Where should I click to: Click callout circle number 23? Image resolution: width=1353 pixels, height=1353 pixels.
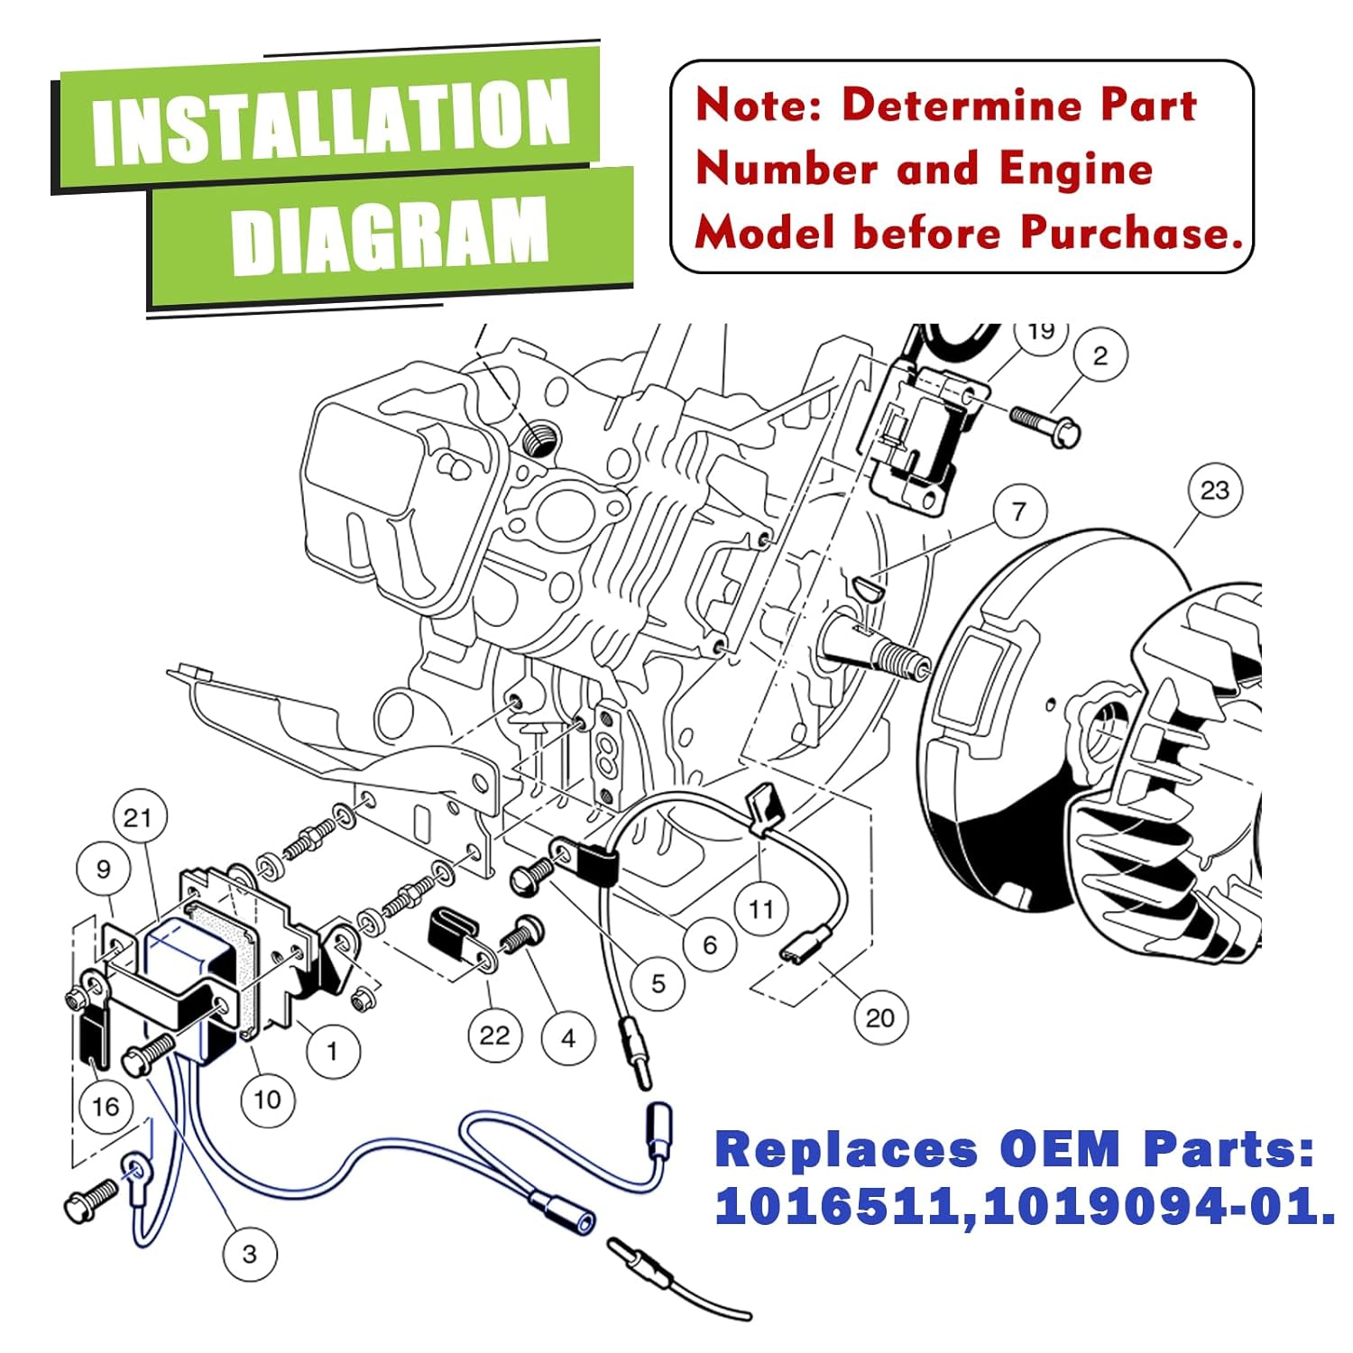(1214, 490)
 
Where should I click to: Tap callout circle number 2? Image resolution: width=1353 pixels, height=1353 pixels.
(1100, 355)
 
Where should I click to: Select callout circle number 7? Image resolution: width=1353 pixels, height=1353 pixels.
(1019, 511)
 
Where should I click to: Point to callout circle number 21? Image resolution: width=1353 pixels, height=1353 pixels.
(138, 818)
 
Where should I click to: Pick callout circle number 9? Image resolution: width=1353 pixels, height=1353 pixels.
(103, 869)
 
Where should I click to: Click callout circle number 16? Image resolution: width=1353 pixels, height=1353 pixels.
(105, 1106)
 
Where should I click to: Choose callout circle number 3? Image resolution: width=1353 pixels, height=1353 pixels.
(250, 1254)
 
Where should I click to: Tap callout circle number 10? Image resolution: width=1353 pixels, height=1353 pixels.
(267, 1100)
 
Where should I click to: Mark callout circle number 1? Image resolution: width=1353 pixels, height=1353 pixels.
(332, 1051)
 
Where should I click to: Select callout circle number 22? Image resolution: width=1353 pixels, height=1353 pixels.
(494, 1035)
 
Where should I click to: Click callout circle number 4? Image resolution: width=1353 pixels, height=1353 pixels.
(568, 1038)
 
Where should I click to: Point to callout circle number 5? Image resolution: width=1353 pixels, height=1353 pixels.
(658, 983)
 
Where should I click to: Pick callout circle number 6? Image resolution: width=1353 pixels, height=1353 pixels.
(710, 944)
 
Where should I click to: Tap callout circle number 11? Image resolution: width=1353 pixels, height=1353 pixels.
(760, 908)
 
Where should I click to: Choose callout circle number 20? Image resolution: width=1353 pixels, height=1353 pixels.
(879, 1017)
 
